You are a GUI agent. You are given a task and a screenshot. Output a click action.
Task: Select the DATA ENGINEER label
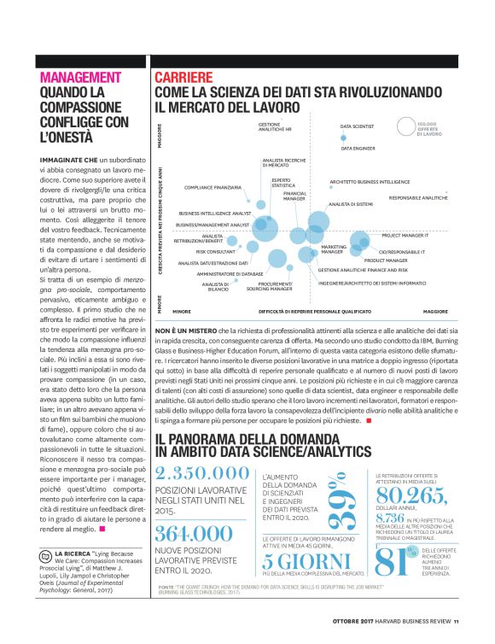tap(358, 148)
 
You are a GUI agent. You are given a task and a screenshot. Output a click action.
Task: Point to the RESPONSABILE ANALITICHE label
tap(418, 197)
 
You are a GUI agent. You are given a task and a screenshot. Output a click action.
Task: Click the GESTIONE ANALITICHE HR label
tap(276, 126)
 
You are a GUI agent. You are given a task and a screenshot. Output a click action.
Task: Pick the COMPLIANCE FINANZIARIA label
tap(213, 186)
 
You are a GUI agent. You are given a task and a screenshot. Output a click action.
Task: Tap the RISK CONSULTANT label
tap(215, 252)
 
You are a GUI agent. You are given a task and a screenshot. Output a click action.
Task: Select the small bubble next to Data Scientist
tap(345, 137)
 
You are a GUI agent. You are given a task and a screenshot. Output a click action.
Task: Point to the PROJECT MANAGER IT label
tap(404, 234)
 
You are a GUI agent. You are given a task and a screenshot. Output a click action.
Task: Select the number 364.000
tap(195, 533)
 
